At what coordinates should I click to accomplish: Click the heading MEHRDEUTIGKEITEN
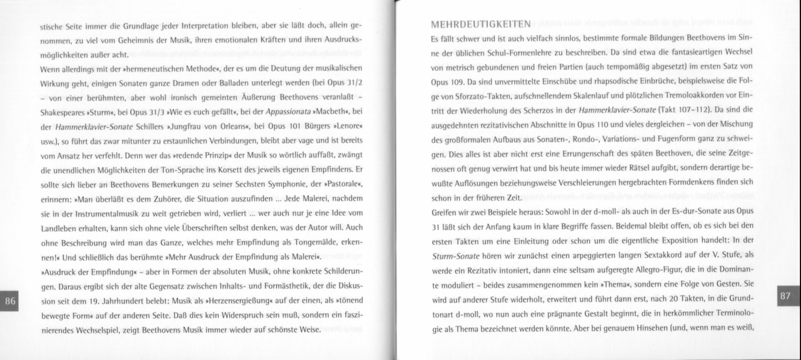(481, 25)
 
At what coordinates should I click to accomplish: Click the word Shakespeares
(61, 111)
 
